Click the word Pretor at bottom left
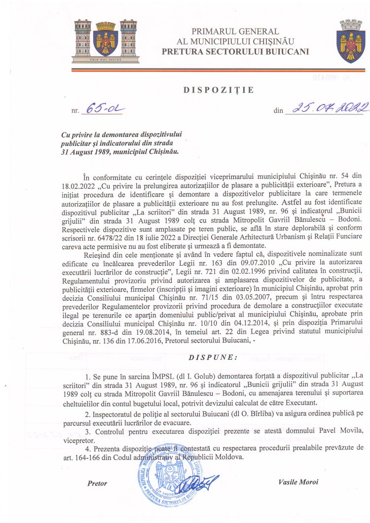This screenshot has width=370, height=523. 97,484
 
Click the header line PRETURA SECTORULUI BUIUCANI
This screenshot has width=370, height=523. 235,51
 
